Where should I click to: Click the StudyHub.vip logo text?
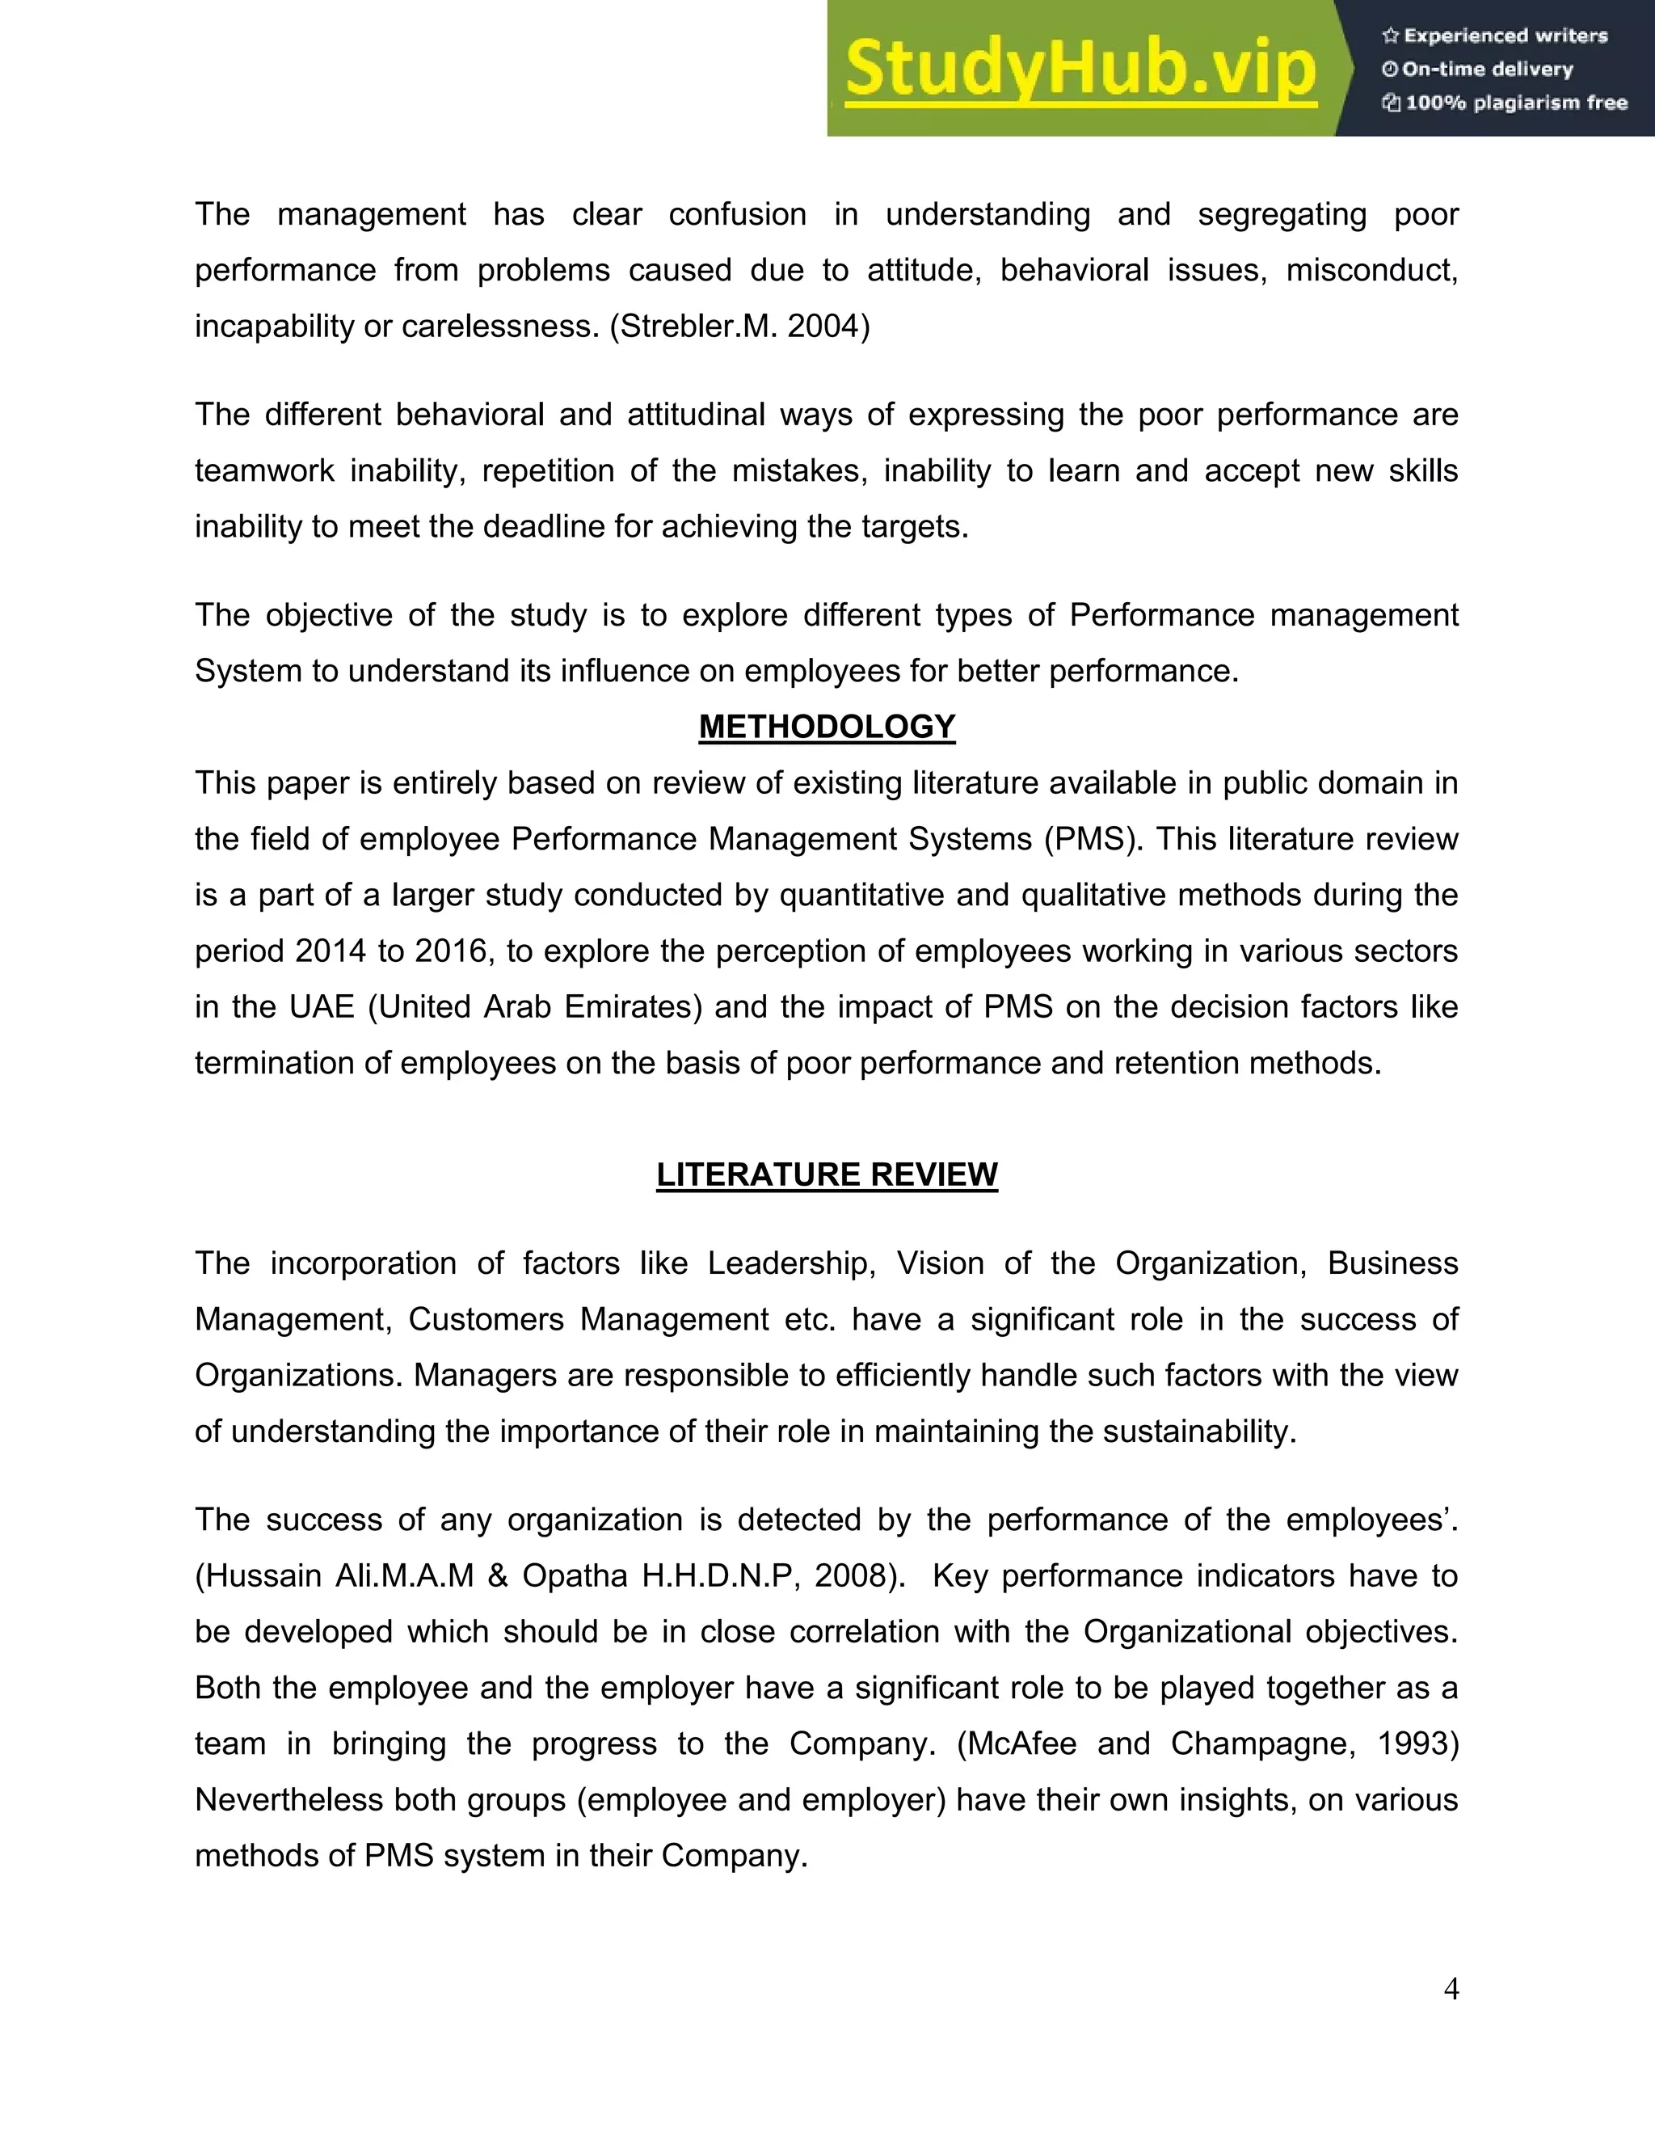(x=1080, y=69)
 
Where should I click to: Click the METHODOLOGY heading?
(x=827, y=727)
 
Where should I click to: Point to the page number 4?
(x=1451, y=1988)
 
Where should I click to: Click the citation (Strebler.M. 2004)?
(x=739, y=327)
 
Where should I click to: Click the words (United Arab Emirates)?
(x=535, y=1007)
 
